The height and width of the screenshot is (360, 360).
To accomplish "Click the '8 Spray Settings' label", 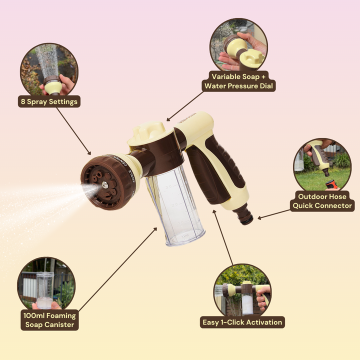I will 49,101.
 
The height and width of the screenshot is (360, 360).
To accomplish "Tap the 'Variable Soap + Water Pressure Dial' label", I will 239,81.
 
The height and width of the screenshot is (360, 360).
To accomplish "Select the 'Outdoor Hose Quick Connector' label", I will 322,201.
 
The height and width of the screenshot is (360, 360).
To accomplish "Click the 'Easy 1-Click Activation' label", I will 242,322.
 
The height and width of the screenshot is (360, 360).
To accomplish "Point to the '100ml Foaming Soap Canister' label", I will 49,320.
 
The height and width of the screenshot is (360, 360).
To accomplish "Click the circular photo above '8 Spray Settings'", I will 48,69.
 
